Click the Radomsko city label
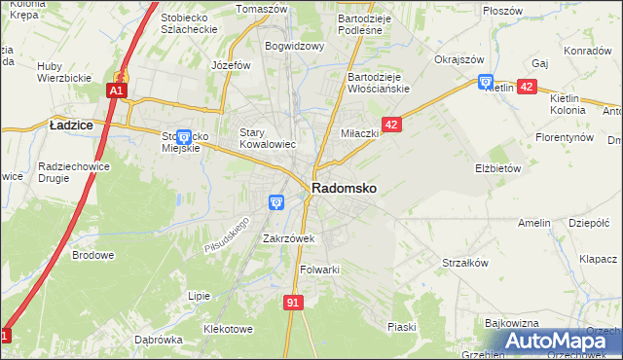click(x=345, y=188)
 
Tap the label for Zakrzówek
click(x=287, y=237)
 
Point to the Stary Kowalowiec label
click(x=268, y=137)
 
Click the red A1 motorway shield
click(x=115, y=90)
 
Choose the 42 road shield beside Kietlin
click(x=527, y=87)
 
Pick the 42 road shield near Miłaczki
click(x=391, y=125)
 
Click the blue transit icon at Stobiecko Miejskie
click(x=183, y=136)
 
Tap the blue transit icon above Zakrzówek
click(x=276, y=202)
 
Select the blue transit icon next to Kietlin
click(x=486, y=83)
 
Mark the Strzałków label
click(x=464, y=263)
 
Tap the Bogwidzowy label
click(x=294, y=45)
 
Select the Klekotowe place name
click(x=228, y=329)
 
